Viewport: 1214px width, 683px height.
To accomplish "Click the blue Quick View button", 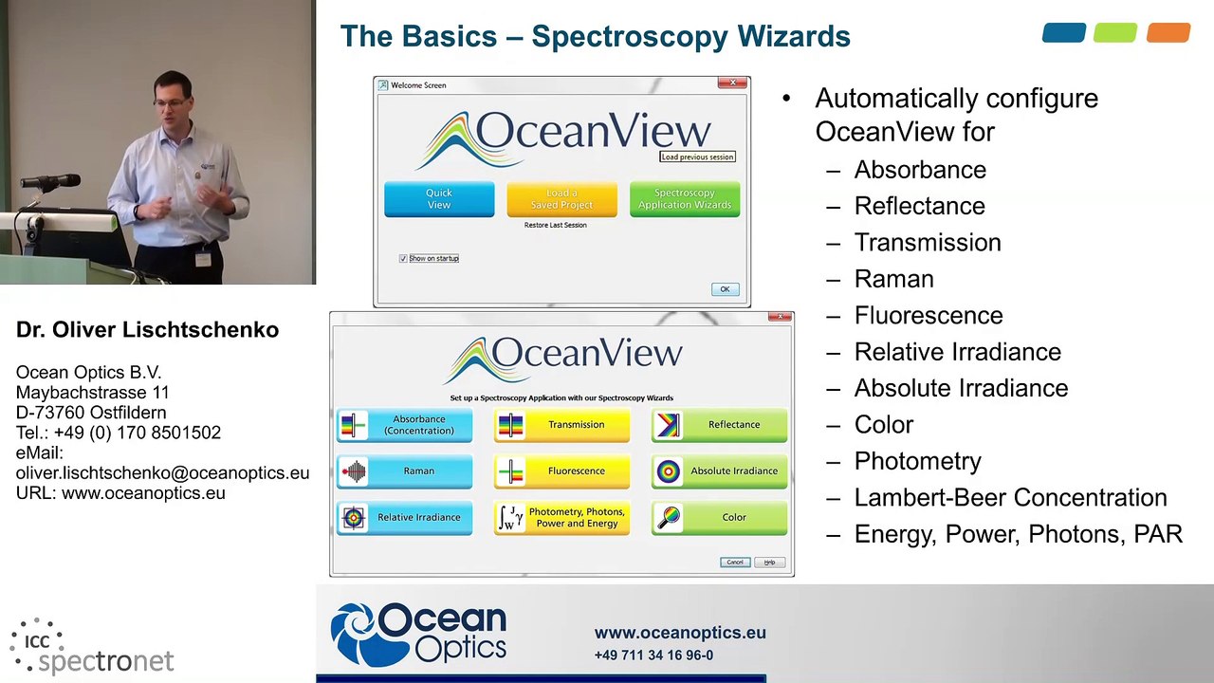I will pos(438,199).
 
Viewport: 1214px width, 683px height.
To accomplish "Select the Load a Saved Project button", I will pos(561,199).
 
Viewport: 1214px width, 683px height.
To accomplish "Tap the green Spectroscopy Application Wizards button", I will pos(684,199).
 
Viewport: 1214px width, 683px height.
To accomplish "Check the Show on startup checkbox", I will pos(403,258).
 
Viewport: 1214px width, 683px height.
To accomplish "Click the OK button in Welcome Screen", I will pos(725,289).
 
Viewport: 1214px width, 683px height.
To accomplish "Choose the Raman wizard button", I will pos(404,471).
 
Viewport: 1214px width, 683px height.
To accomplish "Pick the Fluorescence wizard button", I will pos(561,471).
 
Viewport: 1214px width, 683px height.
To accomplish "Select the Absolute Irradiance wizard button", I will pos(719,471).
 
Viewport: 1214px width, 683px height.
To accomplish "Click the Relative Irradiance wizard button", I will pos(404,517).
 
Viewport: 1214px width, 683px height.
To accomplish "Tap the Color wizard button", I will pos(719,517).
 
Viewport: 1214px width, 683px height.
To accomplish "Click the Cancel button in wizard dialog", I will pos(735,563).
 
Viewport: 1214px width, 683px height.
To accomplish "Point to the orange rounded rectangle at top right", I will pos(1168,33).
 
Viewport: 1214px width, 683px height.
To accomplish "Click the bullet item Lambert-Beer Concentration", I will pos(1010,498).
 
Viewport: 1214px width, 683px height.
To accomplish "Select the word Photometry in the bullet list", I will pos(917,461).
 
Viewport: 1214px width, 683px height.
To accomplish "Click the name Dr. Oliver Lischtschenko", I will pos(147,330).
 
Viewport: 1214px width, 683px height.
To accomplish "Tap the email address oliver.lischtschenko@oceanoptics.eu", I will pos(162,472).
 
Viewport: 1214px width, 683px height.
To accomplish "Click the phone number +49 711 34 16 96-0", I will pos(653,655).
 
